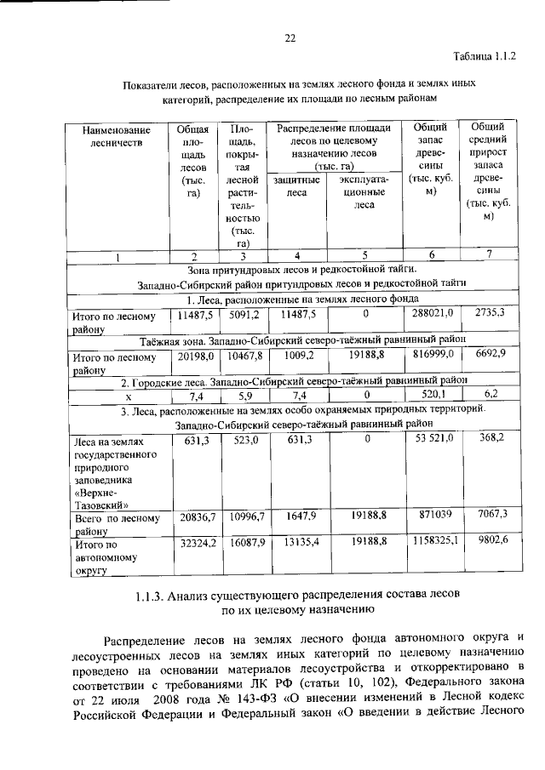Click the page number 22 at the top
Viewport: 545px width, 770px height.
click(289, 38)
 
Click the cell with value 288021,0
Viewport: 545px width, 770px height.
click(432, 314)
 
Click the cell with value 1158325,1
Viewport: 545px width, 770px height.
click(432, 540)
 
